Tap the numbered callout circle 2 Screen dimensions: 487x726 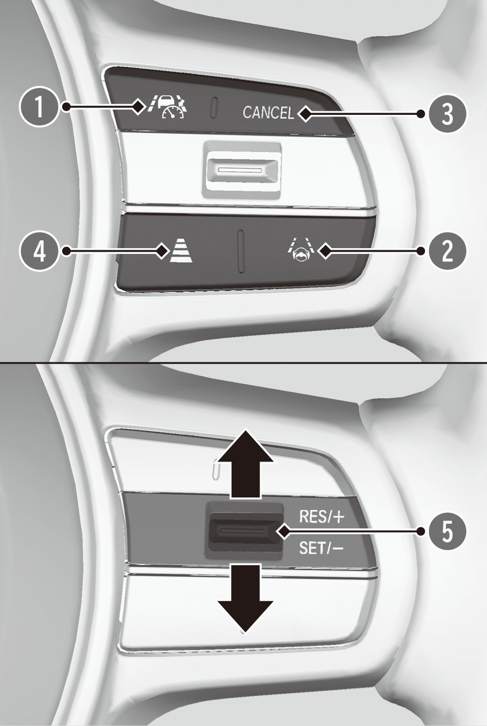click(448, 251)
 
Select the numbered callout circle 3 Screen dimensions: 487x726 click(448, 114)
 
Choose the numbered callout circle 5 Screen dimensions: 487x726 click(448, 532)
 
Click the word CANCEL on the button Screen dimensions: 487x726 click(269, 113)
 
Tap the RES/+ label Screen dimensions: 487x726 click(322, 517)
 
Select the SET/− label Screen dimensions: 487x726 click(321, 548)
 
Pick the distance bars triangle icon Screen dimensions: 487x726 click(182, 251)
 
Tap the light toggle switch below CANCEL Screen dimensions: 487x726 click(242, 170)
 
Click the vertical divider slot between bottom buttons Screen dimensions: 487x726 click(241, 251)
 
